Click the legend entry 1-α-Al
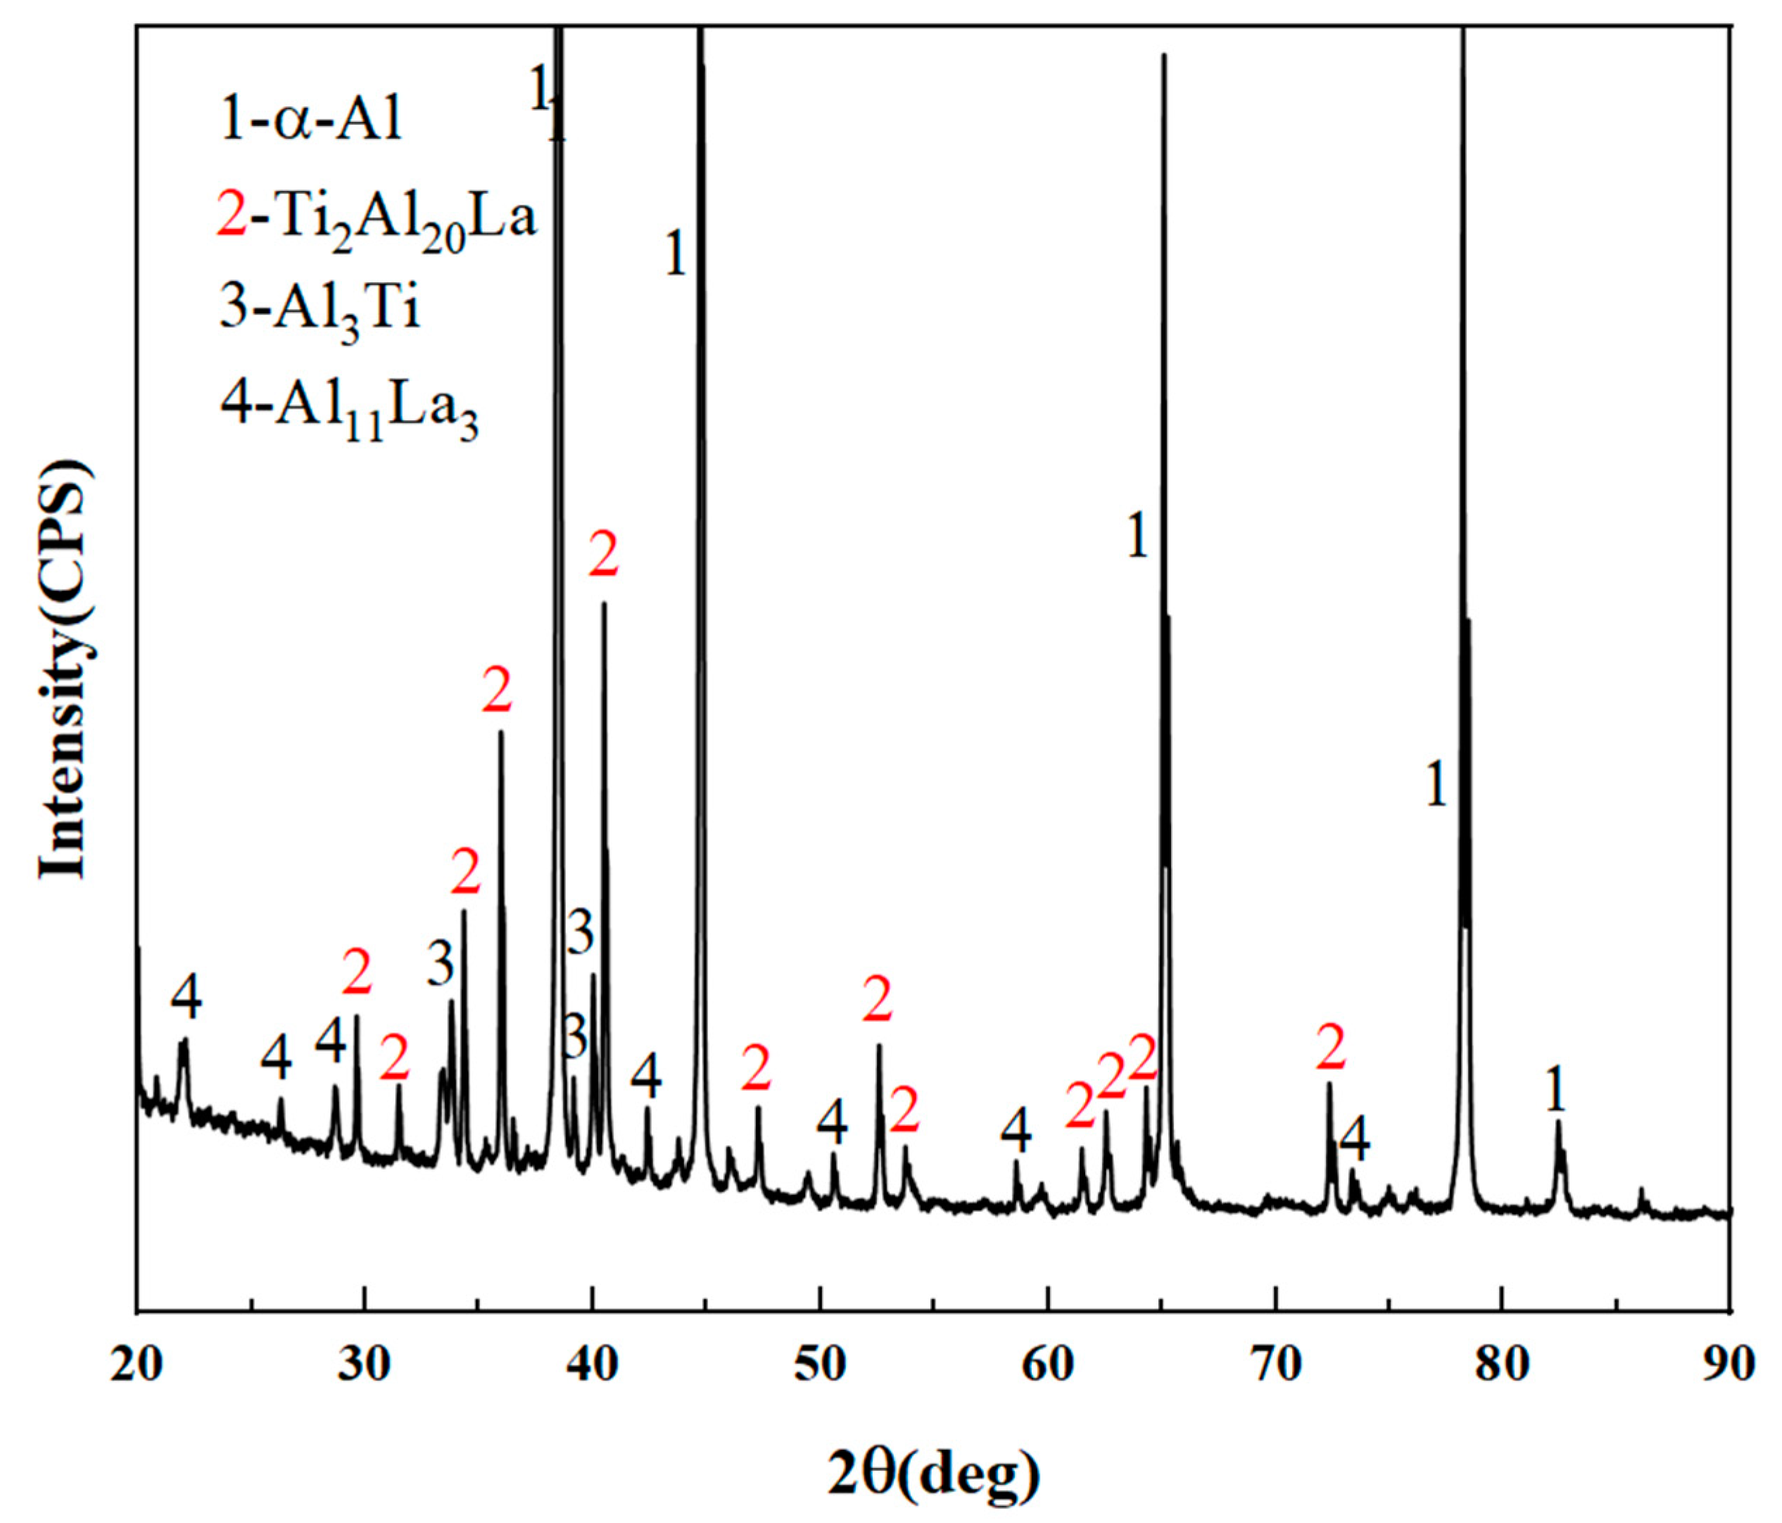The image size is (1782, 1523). [310, 121]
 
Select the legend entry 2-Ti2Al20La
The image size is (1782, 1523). [377, 220]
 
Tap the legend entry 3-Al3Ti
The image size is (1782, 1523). [320, 310]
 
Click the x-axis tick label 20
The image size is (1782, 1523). [137, 1365]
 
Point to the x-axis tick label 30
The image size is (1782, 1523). [365, 1365]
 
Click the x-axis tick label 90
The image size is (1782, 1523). [1729, 1365]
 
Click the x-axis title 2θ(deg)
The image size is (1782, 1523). [933, 1470]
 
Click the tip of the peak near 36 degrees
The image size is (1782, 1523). [500, 733]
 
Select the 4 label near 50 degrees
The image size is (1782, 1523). [833, 1119]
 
